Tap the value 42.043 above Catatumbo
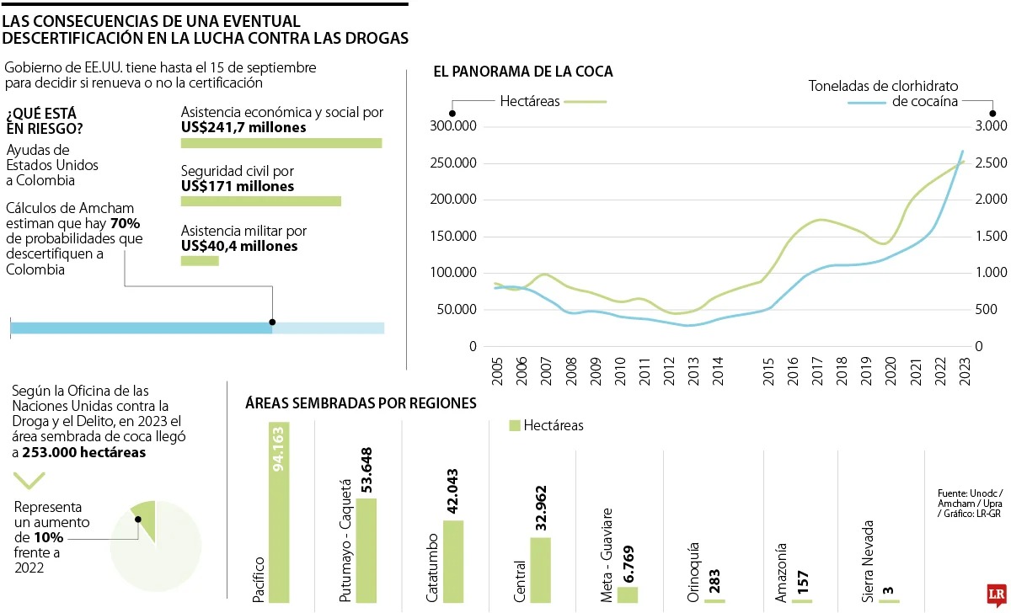pyautogui.click(x=454, y=492)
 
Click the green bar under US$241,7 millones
pyautogui.click(x=281, y=143)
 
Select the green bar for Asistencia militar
pyautogui.click(x=200, y=261)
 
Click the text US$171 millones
pyautogui.click(x=238, y=186)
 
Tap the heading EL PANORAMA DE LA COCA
pyautogui.click(x=522, y=72)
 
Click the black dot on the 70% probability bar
pyautogui.click(x=272, y=322)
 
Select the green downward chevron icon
pyautogui.click(x=29, y=480)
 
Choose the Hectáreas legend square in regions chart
pyautogui.click(x=515, y=425)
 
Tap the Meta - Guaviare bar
pyautogui.click(x=628, y=594)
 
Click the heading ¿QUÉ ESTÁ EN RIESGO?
pyautogui.click(x=44, y=121)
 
